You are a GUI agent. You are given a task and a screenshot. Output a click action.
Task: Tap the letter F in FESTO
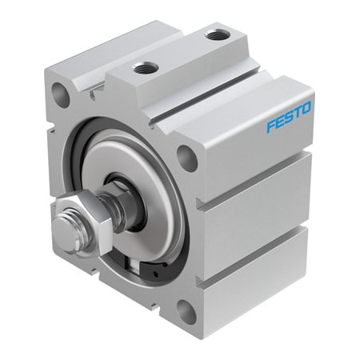(x=270, y=126)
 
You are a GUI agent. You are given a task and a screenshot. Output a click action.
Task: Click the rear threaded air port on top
(x=216, y=34)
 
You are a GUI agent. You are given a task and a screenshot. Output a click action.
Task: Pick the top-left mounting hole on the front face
(x=60, y=97)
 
